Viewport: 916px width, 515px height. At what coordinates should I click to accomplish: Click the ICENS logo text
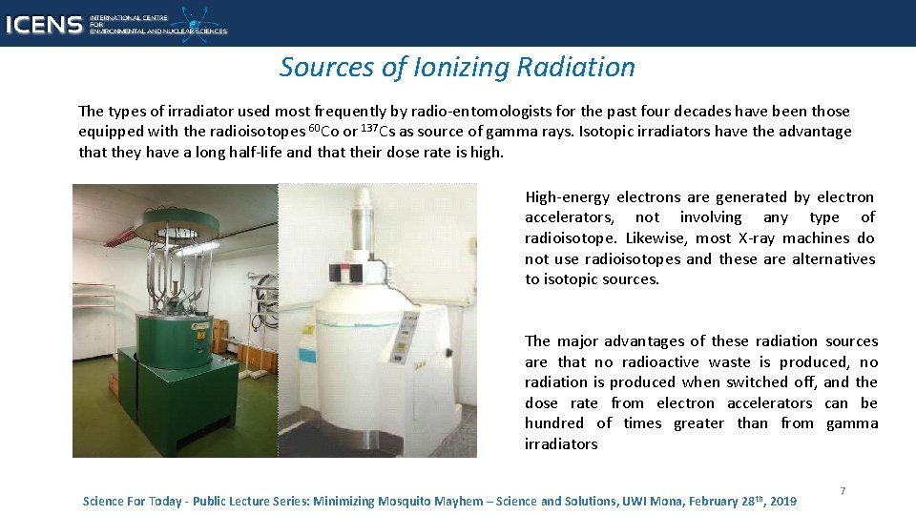click(x=43, y=23)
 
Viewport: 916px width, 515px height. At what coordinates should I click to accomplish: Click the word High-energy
click(x=567, y=197)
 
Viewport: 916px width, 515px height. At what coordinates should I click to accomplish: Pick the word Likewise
click(x=654, y=238)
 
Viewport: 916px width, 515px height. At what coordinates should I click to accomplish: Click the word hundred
click(x=553, y=423)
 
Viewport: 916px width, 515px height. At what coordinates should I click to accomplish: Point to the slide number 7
click(x=843, y=490)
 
